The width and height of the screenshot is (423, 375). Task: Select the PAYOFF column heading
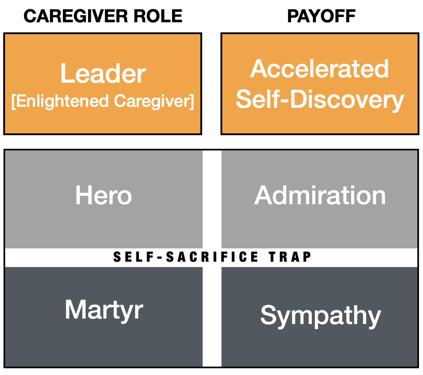[321, 16]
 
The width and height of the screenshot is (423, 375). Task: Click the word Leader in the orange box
[103, 74]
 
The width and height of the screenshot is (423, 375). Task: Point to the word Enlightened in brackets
[62, 101]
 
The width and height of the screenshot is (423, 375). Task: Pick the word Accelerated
[320, 69]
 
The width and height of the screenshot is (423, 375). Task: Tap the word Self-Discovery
[320, 100]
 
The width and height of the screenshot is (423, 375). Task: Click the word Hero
[103, 196]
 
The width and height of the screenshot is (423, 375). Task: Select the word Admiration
[320, 196]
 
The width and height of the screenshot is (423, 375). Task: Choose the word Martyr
[104, 310]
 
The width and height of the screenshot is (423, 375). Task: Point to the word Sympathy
[321, 316]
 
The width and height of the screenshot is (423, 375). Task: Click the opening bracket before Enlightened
[13, 102]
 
